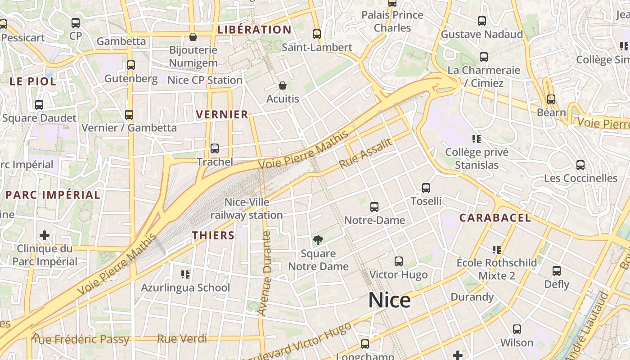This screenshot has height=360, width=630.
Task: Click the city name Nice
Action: (x=389, y=300)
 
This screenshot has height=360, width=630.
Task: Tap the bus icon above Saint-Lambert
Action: (x=317, y=34)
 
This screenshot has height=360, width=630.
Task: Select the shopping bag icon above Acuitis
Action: (x=283, y=85)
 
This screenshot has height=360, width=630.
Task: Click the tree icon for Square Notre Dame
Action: (x=318, y=240)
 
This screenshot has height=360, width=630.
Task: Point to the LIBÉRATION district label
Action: (x=254, y=30)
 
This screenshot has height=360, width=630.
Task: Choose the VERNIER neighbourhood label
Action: (x=222, y=115)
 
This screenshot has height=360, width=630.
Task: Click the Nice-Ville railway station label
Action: (x=247, y=209)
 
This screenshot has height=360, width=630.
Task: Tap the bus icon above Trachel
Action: (x=215, y=148)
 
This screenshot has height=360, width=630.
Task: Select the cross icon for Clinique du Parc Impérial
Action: (x=45, y=235)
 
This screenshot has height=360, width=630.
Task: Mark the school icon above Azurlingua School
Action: (x=185, y=274)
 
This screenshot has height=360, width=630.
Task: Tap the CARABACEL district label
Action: (x=495, y=218)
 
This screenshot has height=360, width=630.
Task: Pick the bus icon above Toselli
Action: (x=426, y=188)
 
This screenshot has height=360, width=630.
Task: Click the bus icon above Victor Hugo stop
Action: (x=398, y=261)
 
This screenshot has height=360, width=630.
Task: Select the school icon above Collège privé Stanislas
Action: (x=477, y=139)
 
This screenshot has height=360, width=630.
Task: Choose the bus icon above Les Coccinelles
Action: (x=580, y=165)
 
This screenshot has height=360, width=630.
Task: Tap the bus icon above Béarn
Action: (x=551, y=99)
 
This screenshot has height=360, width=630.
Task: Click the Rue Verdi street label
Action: (x=182, y=338)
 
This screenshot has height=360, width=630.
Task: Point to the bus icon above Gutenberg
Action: (x=131, y=65)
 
